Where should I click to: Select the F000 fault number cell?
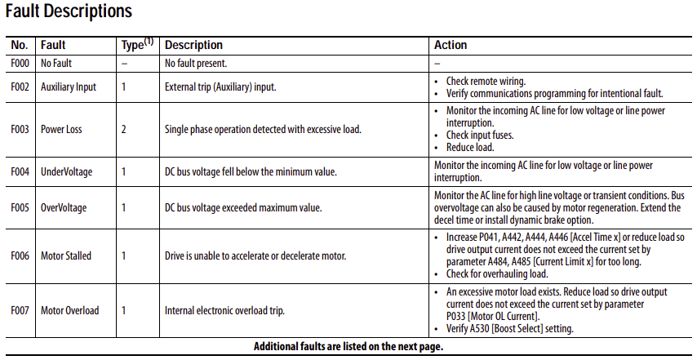tap(20, 63)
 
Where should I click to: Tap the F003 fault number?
tap(20, 129)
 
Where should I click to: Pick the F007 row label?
tap(20, 310)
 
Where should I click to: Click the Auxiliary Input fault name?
tap(69, 87)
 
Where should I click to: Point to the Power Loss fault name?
tap(61, 129)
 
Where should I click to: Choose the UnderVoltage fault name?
tap(66, 171)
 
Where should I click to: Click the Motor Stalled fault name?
tap(66, 256)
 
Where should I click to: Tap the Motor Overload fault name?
tap(69, 310)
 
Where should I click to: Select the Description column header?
tap(193, 45)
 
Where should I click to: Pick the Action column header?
tap(451, 45)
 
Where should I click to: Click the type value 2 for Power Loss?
tap(124, 129)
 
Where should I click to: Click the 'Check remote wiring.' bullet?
tap(486, 82)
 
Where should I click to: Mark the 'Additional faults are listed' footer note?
tap(348, 347)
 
